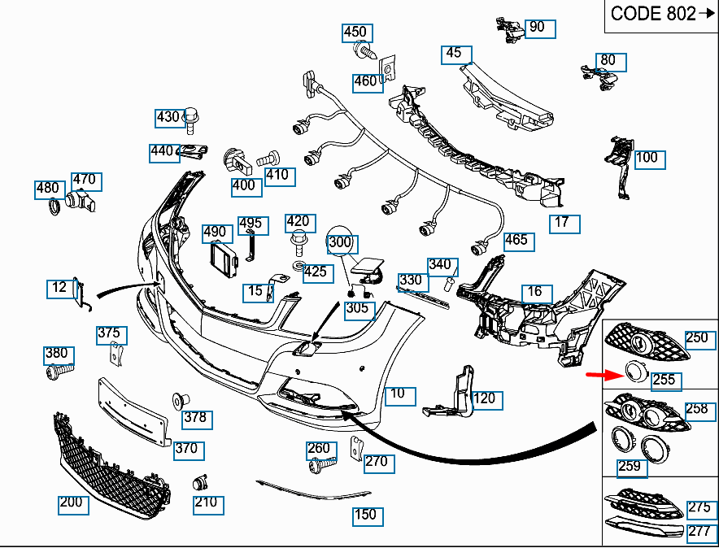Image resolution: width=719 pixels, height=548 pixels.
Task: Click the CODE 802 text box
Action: point(661,15)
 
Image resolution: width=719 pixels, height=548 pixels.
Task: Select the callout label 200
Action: point(72,503)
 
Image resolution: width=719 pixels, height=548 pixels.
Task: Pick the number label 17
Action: point(564,223)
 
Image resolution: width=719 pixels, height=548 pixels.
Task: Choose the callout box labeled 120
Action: point(486,399)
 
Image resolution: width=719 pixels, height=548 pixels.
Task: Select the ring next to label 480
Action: point(54,209)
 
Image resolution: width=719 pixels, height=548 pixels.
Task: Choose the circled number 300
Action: point(342,242)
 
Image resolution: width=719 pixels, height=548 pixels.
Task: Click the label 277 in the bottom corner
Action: point(699,532)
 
